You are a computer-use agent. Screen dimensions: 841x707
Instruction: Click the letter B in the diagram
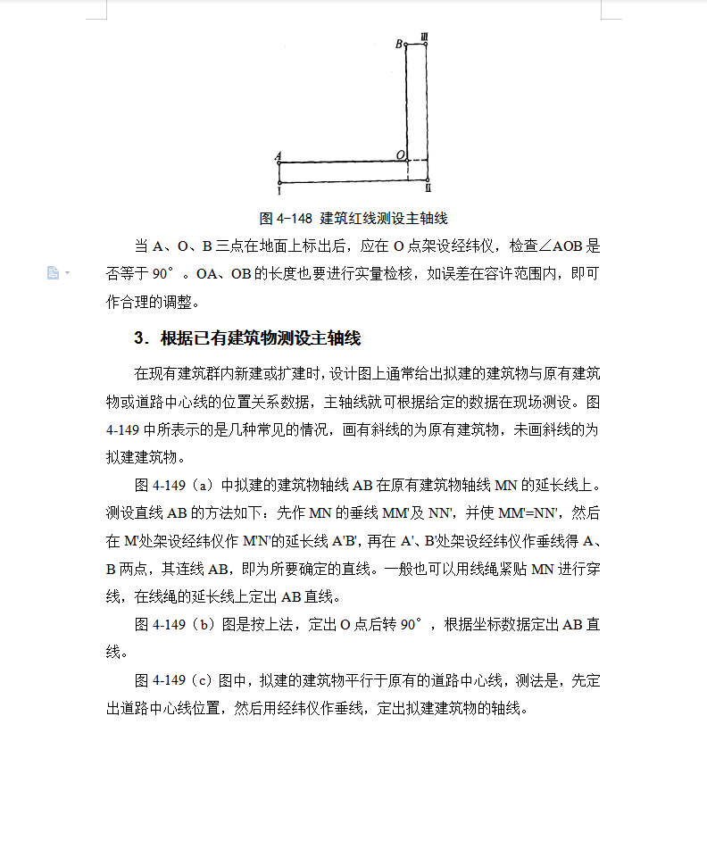398,43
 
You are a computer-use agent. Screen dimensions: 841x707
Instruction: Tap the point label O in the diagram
400,155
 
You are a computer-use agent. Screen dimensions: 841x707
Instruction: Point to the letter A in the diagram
279,155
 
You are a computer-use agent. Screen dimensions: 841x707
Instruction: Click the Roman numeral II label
428,189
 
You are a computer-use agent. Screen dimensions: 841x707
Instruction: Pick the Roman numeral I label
279,189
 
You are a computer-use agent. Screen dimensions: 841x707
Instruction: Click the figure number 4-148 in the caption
294,218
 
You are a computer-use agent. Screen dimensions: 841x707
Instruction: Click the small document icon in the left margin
53,272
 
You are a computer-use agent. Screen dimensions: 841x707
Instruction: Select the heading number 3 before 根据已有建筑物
139,338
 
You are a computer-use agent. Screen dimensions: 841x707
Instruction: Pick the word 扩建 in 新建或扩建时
292,372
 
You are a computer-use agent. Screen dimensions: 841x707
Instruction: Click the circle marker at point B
406,43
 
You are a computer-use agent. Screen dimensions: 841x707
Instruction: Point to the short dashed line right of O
420,162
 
